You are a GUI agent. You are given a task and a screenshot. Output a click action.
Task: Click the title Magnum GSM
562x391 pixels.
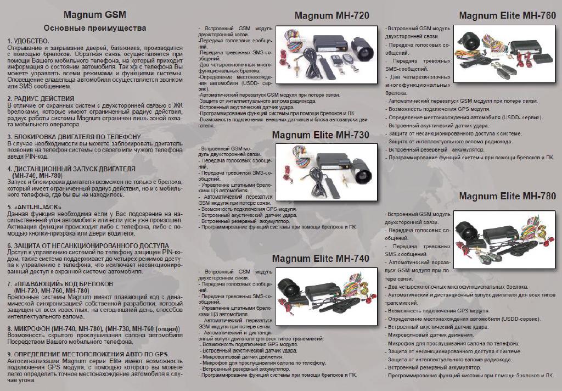[x=94, y=14]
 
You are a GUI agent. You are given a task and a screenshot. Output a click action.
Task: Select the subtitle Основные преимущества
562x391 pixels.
[x=94, y=27]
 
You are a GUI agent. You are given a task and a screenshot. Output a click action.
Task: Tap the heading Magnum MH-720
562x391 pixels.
[x=331, y=15]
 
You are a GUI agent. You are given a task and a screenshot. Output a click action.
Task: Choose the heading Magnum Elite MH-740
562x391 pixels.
[x=321, y=258]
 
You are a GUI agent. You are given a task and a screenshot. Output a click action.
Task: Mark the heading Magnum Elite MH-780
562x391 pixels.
[x=507, y=196]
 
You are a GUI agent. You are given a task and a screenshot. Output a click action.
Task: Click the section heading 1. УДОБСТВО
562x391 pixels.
[x=28, y=42]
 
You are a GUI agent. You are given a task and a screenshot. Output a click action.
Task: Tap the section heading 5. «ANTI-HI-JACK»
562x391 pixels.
[x=34, y=207]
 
